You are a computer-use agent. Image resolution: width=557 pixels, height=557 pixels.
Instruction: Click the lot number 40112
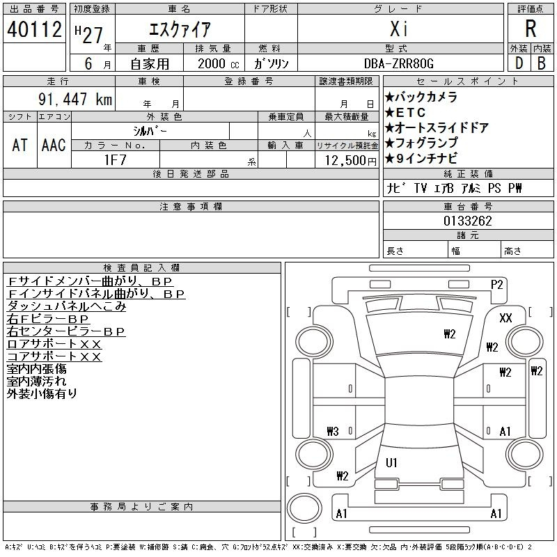click(x=34, y=29)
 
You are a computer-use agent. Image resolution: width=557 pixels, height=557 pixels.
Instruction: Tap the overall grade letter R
click(x=531, y=29)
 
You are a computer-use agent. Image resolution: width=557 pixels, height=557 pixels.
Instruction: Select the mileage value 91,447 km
click(x=75, y=99)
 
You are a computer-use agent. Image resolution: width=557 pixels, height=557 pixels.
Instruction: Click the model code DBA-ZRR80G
click(x=399, y=63)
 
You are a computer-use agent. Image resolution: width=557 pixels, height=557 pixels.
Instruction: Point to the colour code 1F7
click(x=116, y=160)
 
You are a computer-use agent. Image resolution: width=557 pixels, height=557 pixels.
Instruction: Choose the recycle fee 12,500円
click(x=351, y=161)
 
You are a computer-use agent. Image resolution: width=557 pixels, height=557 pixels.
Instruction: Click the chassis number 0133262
click(x=467, y=221)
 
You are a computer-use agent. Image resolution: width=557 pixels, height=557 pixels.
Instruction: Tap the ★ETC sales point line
click(x=405, y=113)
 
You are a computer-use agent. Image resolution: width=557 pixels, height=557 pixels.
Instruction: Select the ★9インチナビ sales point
click(x=421, y=159)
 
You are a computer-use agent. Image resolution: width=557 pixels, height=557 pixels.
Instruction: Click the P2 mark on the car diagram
click(x=496, y=285)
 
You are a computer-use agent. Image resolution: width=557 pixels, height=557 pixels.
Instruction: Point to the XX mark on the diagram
click(x=505, y=317)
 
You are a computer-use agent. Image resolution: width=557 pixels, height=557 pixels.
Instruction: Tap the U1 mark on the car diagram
click(x=391, y=462)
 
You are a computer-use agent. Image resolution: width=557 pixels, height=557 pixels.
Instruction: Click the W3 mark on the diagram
click(x=333, y=431)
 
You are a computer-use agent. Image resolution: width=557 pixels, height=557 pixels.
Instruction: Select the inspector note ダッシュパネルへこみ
click(x=66, y=306)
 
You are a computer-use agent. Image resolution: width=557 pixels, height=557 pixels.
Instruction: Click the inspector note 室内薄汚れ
click(x=37, y=381)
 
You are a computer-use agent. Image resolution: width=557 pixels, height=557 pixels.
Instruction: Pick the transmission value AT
click(x=19, y=146)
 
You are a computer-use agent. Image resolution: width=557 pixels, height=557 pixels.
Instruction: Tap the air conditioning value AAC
click(x=54, y=146)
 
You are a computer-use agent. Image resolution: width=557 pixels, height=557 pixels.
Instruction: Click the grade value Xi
click(x=399, y=29)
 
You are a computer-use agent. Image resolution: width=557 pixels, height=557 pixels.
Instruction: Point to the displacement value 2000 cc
click(x=219, y=64)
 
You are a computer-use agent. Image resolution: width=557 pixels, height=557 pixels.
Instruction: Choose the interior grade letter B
click(x=542, y=63)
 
